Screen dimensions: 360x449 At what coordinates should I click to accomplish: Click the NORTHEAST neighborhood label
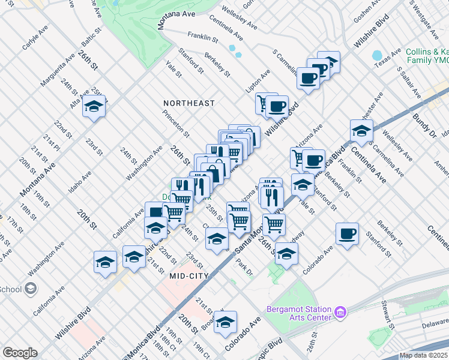click(188, 103)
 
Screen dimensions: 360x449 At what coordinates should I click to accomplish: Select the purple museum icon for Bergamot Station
click(340, 311)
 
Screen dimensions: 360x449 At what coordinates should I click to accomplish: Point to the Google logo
click(20, 353)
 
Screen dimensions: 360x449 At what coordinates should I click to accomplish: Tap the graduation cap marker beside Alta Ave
click(94, 107)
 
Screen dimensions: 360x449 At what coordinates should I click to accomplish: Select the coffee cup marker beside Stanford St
click(346, 233)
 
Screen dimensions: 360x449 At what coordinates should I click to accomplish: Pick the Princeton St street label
click(178, 125)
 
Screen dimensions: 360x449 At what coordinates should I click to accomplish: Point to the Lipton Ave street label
click(258, 80)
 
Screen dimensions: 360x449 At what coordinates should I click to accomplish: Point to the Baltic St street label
click(88, 39)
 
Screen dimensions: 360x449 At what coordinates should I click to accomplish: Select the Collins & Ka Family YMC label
click(426, 56)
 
